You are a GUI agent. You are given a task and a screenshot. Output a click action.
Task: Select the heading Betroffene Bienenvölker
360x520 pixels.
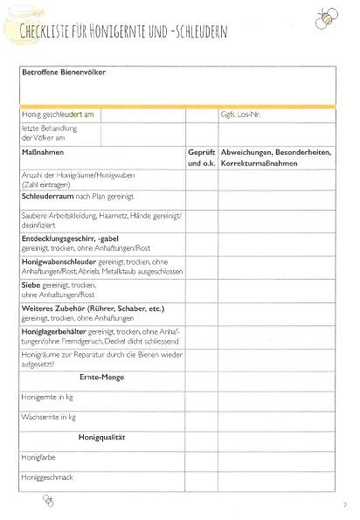63,73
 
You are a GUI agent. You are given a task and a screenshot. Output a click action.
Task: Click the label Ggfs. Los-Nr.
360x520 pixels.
240,114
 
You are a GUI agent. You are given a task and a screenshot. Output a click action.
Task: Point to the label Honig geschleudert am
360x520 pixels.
57,114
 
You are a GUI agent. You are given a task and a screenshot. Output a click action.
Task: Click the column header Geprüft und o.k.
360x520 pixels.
201,158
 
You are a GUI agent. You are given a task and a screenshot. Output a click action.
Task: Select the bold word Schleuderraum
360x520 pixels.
48,198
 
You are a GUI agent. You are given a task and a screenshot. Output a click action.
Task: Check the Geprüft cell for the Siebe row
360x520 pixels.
201,289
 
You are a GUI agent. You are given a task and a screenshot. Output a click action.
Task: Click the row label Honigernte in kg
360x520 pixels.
47,397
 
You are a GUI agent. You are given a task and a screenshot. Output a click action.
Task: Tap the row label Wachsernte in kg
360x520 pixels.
47,417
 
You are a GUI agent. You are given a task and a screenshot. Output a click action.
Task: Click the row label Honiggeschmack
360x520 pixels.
46,477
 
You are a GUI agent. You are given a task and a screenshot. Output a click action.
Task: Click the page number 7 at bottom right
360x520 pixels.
345,504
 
